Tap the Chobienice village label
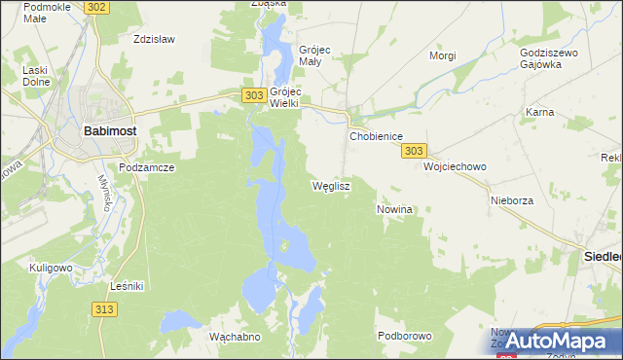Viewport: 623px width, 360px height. [376, 137]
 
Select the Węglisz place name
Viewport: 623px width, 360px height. [330, 185]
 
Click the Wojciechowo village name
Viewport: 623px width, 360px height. [455, 166]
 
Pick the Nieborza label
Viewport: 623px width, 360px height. [512, 199]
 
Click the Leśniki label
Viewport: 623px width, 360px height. [128, 286]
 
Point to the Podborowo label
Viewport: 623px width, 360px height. [404, 336]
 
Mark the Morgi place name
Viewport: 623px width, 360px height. [443, 55]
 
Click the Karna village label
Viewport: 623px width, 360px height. [539, 112]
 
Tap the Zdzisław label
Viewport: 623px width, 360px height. [153, 40]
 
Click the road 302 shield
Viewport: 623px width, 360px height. [96, 7]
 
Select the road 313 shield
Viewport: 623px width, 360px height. [106, 308]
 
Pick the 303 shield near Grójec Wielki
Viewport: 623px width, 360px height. [253, 94]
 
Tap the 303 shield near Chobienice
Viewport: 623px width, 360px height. [414, 151]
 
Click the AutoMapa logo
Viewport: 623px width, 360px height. [556, 341]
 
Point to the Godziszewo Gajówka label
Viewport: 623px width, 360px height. [550, 57]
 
